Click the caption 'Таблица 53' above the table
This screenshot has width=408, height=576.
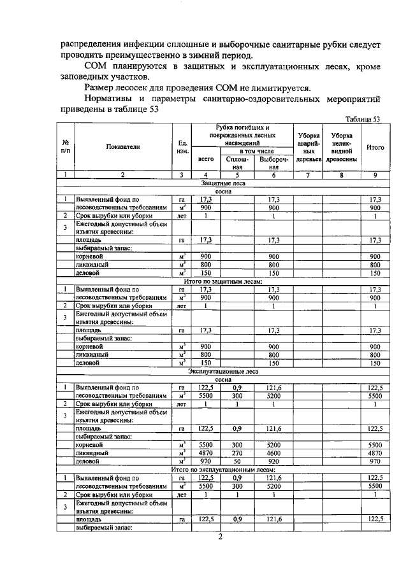pos(362,119)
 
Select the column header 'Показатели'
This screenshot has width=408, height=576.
pos(123,146)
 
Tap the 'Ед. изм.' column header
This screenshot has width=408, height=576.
pos(182,146)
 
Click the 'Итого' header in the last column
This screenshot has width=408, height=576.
pos(375,147)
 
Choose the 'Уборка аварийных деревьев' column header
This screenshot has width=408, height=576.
pos(308,147)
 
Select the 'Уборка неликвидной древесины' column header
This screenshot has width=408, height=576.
pos(342,147)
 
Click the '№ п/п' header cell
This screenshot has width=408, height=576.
pos(66,146)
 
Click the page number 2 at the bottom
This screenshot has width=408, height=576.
pos(219,538)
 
